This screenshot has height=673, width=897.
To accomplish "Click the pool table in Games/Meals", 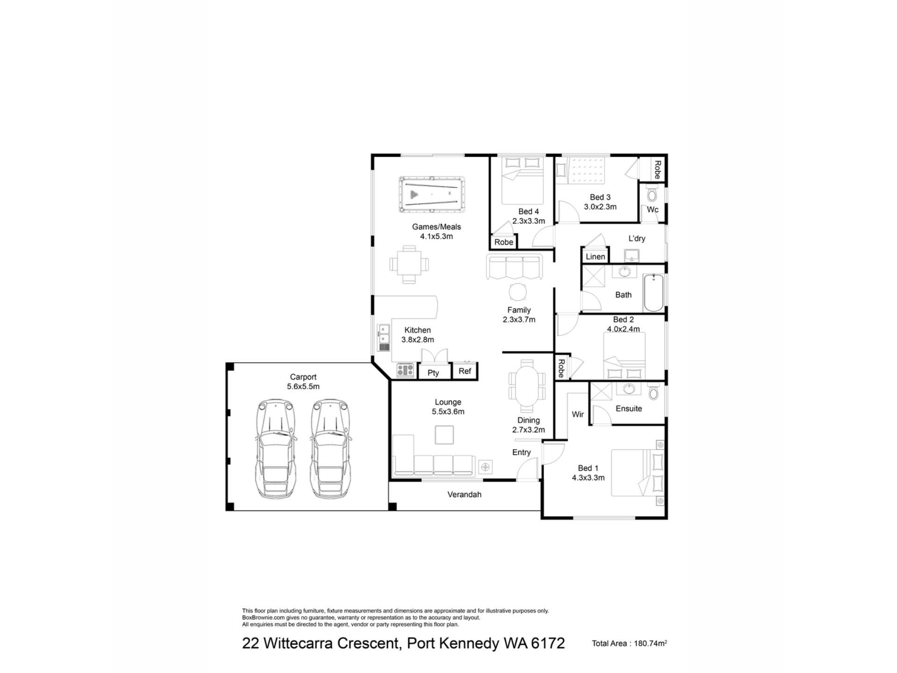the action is tap(432, 194).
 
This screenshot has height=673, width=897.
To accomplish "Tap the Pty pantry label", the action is tap(433, 372).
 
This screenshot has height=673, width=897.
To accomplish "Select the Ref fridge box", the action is tap(465, 371).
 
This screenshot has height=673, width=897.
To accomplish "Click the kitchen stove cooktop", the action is tap(406, 371).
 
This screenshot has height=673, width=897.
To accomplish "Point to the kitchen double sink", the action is tap(384, 338).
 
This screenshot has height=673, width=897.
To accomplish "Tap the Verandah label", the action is tap(464, 494).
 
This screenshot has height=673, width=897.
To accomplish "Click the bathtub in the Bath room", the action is tap(654, 293).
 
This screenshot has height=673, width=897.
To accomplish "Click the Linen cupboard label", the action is tap(595, 257).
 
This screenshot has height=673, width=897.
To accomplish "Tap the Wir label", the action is tap(578, 414).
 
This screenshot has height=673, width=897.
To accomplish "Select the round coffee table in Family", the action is tap(518, 293).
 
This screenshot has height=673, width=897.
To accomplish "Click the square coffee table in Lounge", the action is tap(444, 435).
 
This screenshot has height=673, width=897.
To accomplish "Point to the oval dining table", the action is tap(527, 386).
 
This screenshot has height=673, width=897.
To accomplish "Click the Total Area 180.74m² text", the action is tap(629, 643).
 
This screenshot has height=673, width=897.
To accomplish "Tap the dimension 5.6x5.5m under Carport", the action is tap(303, 387).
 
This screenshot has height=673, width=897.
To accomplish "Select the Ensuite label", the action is tap(629, 408).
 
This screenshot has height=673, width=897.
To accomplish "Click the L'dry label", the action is tap(637, 238).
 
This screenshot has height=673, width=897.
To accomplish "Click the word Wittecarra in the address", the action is tap(331, 643).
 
